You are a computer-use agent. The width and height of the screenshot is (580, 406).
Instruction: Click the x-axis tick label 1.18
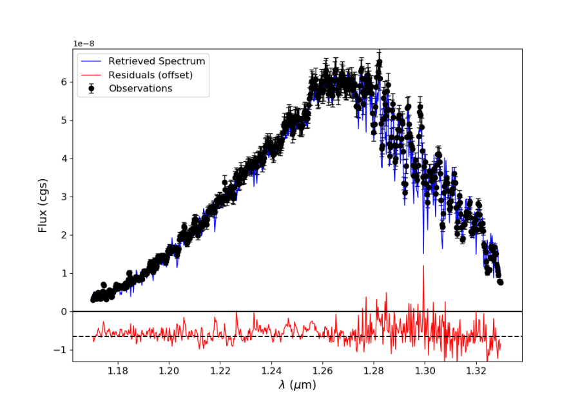[x=117, y=371]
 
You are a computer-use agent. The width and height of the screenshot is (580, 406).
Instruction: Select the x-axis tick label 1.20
[x=169, y=371]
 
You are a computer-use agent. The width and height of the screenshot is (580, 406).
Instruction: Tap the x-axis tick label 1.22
[x=220, y=371]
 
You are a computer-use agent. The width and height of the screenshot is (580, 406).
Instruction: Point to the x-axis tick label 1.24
[x=271, y=371]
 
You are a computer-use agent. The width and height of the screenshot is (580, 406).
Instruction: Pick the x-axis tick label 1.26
[x=322, y=371]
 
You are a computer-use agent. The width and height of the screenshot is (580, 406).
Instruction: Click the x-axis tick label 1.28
[x=374, y=371]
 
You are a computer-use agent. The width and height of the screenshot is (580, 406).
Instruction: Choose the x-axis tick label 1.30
[x=425, y=371]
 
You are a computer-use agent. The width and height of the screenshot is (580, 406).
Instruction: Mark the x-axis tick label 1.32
[x=476, y=371]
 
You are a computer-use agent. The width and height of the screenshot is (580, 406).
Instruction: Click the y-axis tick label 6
[x=64, y=82]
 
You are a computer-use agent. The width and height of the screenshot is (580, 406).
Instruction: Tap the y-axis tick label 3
[x=64, y=197]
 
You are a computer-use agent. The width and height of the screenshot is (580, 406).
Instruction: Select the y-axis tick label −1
[x=61, y=350]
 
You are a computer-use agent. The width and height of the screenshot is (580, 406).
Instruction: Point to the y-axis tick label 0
[x=64, y=312]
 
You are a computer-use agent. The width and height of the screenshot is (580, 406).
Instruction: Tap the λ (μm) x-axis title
[x=297, y=385]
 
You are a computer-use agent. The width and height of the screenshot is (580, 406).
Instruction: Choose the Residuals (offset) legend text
[x=150, y=75]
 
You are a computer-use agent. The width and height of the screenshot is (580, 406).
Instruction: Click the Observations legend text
[x=140, y=88]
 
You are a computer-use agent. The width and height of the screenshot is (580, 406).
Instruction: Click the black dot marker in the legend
[x=92, y=88]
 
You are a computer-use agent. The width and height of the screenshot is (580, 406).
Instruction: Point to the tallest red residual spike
[x=423, y=266]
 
